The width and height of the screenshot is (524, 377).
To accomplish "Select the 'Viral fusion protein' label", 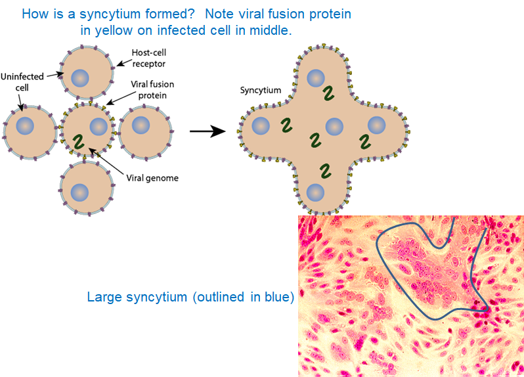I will pyautogui.click(x=147, y=89).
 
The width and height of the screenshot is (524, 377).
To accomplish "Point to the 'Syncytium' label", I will pyautogui.click(x=261, y=91).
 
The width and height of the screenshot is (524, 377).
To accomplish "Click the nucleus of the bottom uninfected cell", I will pyautogui.click(x=80, y=192).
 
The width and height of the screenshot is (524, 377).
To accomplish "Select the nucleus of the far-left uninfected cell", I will pyautogui.click(x=25, y=125).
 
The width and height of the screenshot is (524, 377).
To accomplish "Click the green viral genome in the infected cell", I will pyautogui.click(x=78, y=141).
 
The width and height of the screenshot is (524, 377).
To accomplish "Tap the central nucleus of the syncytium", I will pyautogui.click(x=334, y=126).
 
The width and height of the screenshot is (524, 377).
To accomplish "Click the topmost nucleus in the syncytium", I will pyautogui.click(x=315, y=79).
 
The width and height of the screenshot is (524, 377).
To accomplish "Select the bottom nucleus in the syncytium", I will pyautogui.click(x=315, y=193).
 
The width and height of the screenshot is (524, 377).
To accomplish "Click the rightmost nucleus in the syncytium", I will pyautogui.click(x=377, y=125).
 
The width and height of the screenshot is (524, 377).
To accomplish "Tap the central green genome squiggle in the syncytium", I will pyautogui.click(x=315, y=140).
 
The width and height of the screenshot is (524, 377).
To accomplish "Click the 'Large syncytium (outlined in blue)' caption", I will pyautogui.click(x=189, y=298).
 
